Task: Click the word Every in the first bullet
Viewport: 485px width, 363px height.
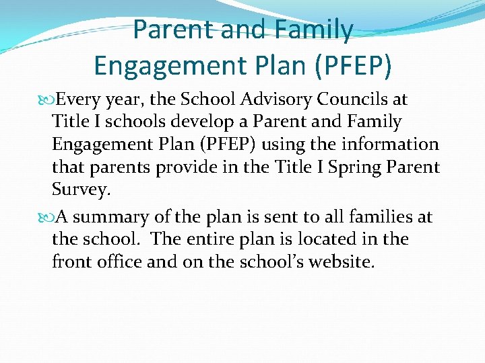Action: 77,99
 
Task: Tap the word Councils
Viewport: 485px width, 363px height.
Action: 346,99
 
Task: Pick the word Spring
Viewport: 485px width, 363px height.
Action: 361,167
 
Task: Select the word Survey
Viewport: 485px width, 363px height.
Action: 79,191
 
